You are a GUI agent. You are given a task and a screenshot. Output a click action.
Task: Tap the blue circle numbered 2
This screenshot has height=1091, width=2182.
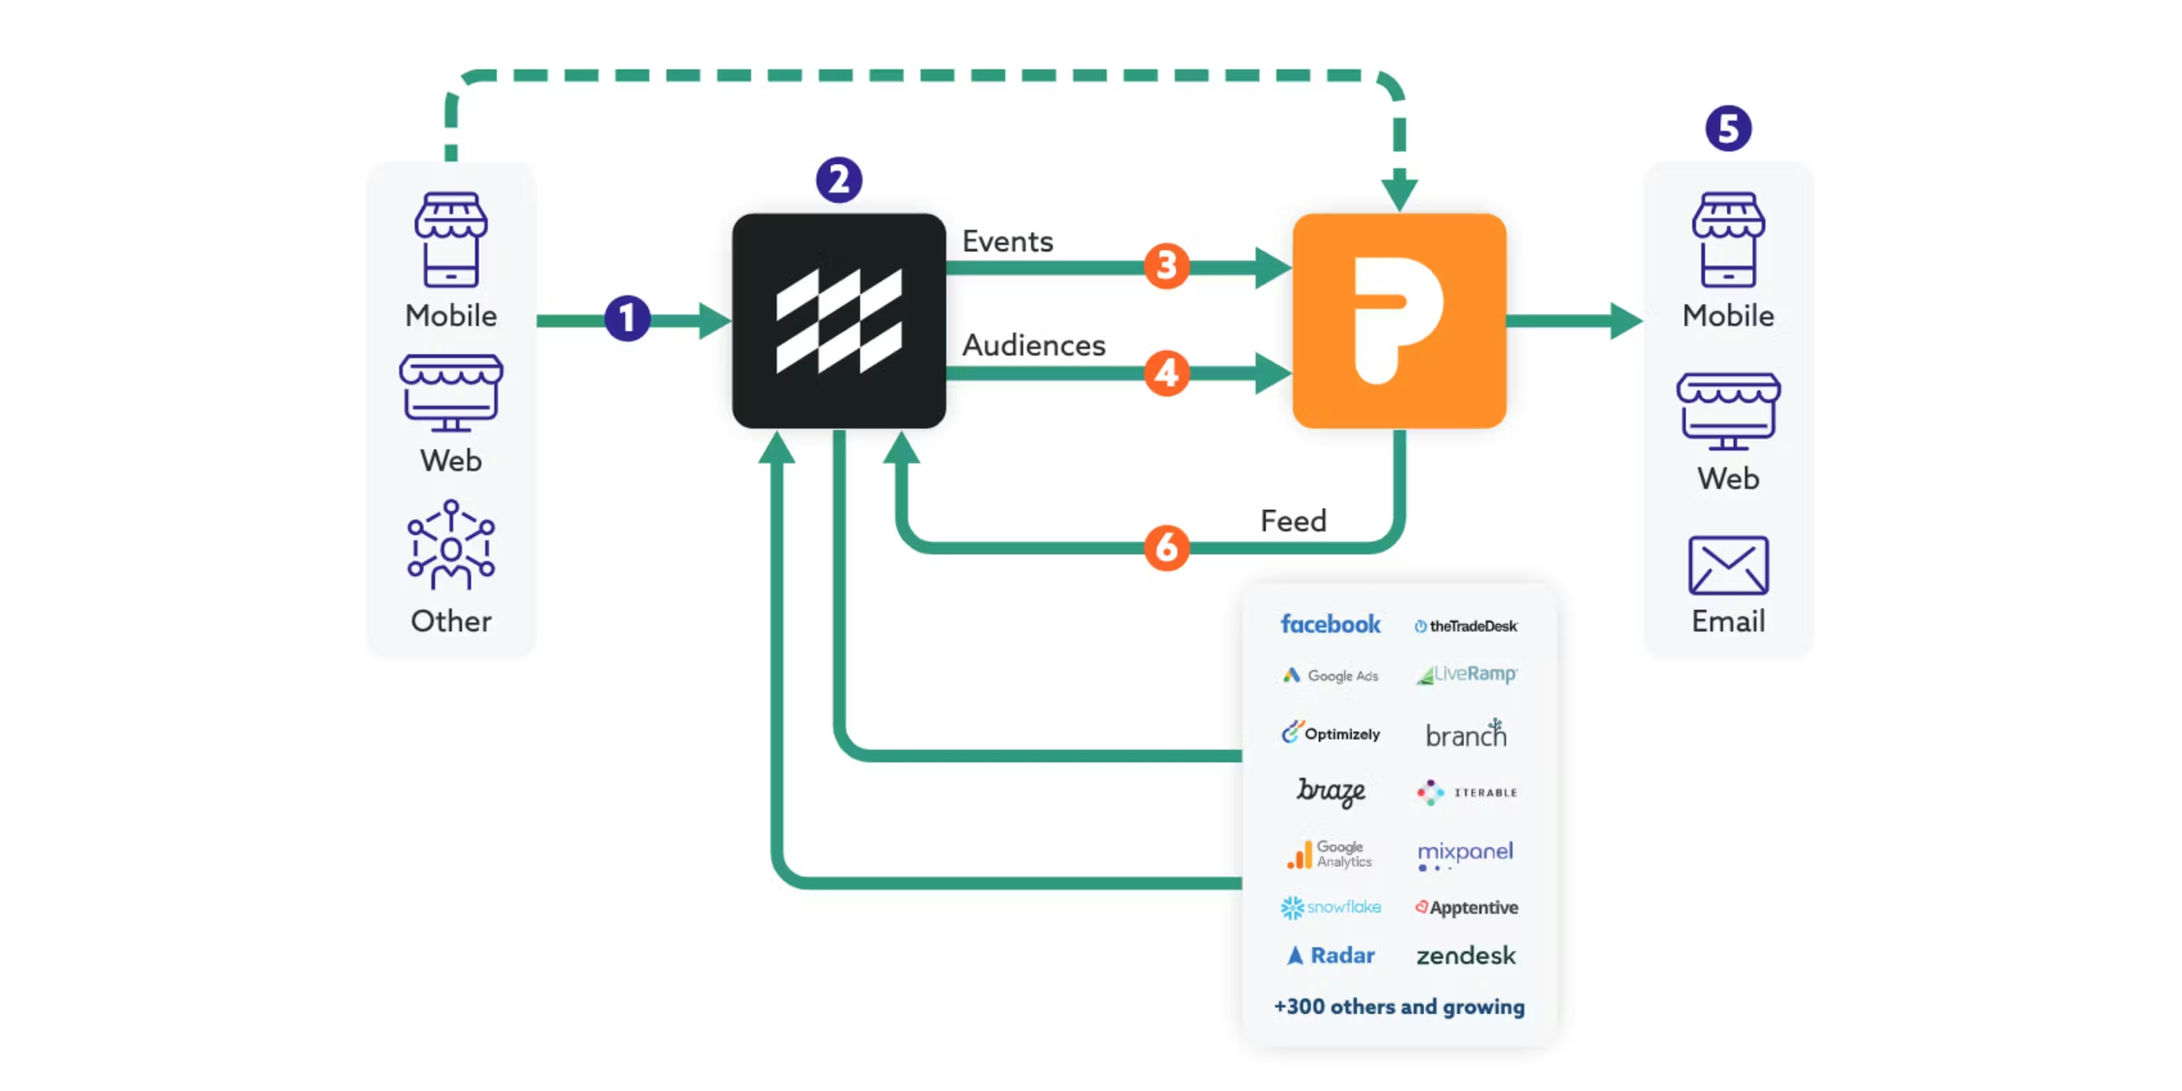pyautogui.click(x=839, y=180)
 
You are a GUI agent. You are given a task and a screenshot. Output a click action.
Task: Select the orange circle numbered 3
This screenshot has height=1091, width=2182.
pyautogui.click(x=1167, y=266)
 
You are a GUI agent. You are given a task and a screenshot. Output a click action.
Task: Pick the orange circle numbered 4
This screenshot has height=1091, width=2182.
pyautogui.click(x=1167, y=373)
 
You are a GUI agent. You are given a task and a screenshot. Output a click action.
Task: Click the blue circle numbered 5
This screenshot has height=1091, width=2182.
pyautogui.click(x=1728, y=129)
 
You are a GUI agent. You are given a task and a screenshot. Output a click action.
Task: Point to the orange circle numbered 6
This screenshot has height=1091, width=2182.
pyautogui.click(x=1167, y=547)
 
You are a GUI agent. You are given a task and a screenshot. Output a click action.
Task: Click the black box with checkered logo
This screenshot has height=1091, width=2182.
pyautogui.click(x=839, y=320)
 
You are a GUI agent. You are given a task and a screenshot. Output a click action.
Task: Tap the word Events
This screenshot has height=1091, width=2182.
pyautogui.click(x=1007, y=241)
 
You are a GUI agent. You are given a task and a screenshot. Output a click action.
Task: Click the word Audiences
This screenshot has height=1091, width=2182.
pyautogui.click(x=1034, y=345)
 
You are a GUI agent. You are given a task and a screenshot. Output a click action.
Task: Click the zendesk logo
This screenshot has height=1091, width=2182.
pyautogui.click(x=1465, y=955)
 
